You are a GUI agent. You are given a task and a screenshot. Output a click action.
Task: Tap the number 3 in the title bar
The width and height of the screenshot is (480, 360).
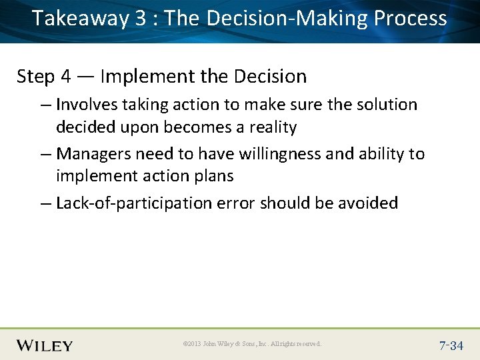(141, 19)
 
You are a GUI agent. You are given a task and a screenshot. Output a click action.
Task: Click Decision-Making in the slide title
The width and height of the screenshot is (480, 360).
(287, 19)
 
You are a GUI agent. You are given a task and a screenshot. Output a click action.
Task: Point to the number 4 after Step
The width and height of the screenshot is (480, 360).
(65, 77)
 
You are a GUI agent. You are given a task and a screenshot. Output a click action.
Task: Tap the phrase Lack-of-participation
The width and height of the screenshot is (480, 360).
(134, 203)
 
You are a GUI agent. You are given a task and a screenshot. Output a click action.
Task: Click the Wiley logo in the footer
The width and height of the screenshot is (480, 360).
(45, 345)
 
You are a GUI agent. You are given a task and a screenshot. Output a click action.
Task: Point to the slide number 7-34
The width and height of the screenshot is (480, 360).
(451, 345)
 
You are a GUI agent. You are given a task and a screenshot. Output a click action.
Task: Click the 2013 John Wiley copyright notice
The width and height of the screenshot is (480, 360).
(252, 344)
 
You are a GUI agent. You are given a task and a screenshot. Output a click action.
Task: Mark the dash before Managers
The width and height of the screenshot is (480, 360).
(45, 154)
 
